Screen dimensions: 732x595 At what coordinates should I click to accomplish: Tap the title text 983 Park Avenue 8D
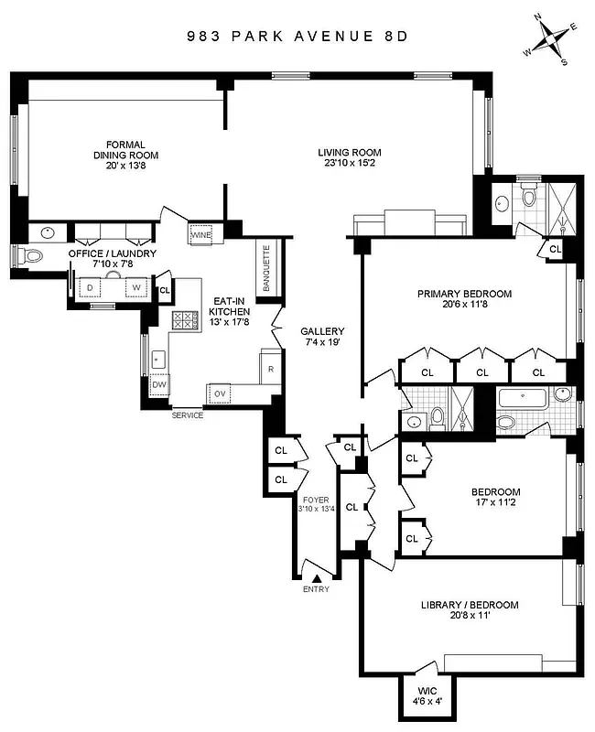pyautogui.click(x=296, y=38)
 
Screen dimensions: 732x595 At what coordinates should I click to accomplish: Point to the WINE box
pyautogui.click(x=201, y=235)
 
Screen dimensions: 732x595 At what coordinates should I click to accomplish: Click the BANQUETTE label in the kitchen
pyautogui.click(x=267, y=269)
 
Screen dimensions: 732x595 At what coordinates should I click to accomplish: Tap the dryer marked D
pyautogui.click(x=90, y=287)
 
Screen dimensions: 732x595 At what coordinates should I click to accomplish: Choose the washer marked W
pyautogui.click(x=136, y=287)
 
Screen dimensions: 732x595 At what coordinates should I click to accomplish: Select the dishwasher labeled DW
pyautogui.click(x=158, y=385)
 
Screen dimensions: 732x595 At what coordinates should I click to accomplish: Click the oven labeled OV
pyautogui.click(x=220, y=393)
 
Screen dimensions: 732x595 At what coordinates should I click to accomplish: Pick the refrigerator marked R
pyautogui.click(x=271, y=369)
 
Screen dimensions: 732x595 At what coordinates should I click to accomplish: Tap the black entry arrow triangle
pyautogui.click(x=317, y=577)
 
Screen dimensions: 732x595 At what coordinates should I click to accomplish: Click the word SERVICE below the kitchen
pyautogui.click(x=188, y=415)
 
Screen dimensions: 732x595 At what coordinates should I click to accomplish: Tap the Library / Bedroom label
pyautogui.click(x=470, y=611)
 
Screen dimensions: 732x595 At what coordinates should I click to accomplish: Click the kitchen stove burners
pyautogui.click(x=186, y=319)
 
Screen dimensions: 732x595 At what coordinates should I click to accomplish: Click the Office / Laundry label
pyautogui.click(x=113, y=259)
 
